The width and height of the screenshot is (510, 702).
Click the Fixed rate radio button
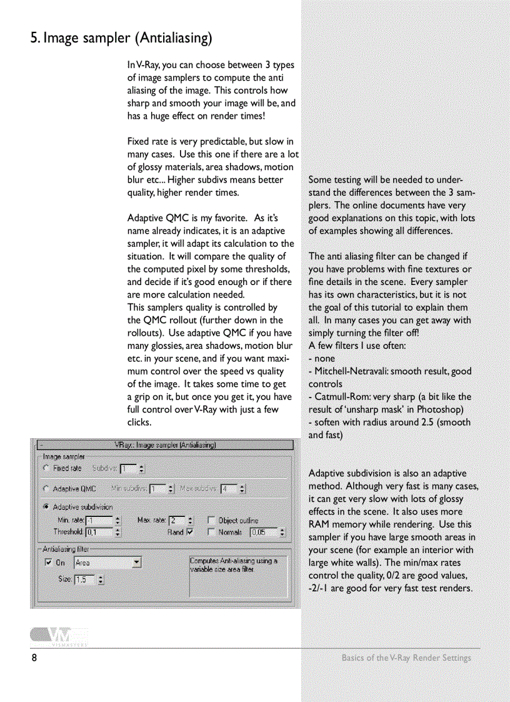pyautogui.click(x=46, y=468)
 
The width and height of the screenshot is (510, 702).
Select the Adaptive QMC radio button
pyautogui.click(x=46, y=489)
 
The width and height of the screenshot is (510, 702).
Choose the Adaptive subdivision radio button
pyautogui.click(x=46, y=507)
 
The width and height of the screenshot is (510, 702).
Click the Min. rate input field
pyautogui.click(x=99, y=520)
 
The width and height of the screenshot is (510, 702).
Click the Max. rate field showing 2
pyautogui.click(x=176, y=520)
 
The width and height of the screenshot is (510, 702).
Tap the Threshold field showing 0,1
pyautogui.click(x=99, y=533)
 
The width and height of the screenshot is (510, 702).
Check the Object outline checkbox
pyautogui.click(x=211, y=520)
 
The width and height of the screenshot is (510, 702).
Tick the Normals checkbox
pyautogui.click(x=211, y=533)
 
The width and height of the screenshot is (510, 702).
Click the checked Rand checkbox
pyautogui.click(x=191, y=533)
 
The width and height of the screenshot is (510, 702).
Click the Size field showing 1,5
pyautogui.click(x=84, y=579)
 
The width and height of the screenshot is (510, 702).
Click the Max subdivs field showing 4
pyautogui.click(x=228, y=489)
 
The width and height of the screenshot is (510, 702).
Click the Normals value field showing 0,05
pyautogui.click(x=263, y=533)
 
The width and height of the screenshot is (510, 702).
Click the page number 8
pyautogui.click(x=35, y=658)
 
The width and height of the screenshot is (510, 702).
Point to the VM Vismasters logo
pyautogui.click(x=59, y=636)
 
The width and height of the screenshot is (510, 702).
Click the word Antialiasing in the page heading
pyautogui.click(x=174, y=38)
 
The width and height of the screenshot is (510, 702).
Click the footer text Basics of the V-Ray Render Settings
pyautogui.click(x=406, y=658)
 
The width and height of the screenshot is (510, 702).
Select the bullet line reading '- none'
pyautogui.click(x=322, y=359)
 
